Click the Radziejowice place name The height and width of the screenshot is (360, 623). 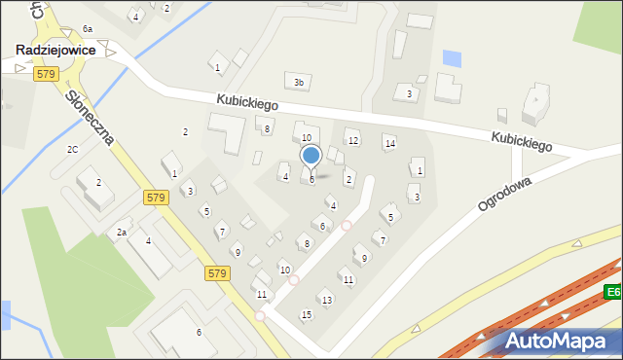(x=54, y=50)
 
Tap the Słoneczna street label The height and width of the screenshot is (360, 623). (x=91, y=118)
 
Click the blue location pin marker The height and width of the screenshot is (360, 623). (x=311, y=157)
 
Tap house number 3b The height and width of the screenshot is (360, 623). (x=299, y=83)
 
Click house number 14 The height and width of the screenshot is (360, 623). (x=390, y=144)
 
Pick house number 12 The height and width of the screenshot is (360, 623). (x=353, y=141)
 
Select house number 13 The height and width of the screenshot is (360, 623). (x=327, y=300)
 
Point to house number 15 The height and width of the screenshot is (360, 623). (x=307, y=314)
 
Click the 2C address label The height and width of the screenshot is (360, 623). (x=72, y=149)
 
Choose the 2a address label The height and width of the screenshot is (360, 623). (x=122, y=233)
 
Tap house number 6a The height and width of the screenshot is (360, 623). (x=88, y=29)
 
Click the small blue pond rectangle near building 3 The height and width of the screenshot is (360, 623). (x=452, y=58)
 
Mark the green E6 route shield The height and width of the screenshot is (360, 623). (x=612, y=292)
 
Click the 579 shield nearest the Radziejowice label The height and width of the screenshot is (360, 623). (x=44, y=74)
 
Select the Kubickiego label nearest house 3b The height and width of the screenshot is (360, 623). (x=247, y=102)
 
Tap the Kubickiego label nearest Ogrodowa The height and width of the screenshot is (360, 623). (x=522, y=142)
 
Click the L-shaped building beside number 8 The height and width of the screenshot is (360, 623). (x=229, y=133)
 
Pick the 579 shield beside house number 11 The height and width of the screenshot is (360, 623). (x=217, y=274)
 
